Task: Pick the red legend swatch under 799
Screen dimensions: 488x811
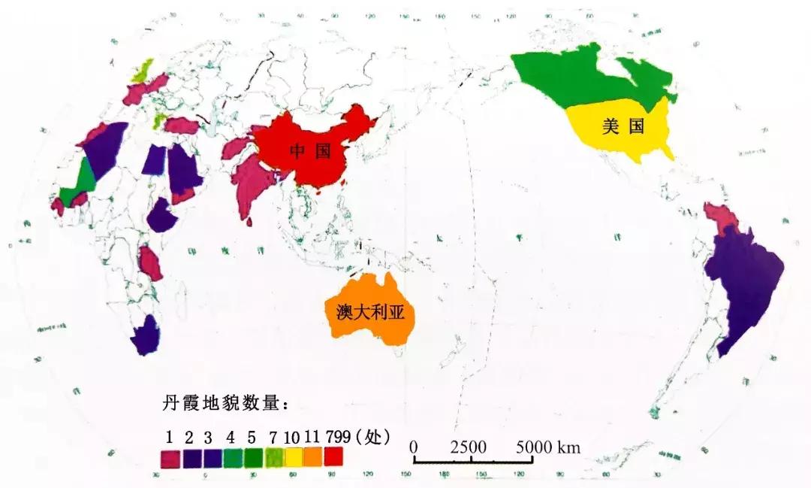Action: [333, 456]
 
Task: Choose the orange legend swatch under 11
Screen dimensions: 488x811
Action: [312, 456]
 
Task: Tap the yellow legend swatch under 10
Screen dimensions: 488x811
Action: [293, 456]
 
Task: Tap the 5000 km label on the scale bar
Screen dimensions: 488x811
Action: [548, 447]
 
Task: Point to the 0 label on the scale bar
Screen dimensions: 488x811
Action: [414, 447]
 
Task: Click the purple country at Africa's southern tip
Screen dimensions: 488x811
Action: [145, 336]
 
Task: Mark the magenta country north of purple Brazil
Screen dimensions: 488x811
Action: [722, 218]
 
